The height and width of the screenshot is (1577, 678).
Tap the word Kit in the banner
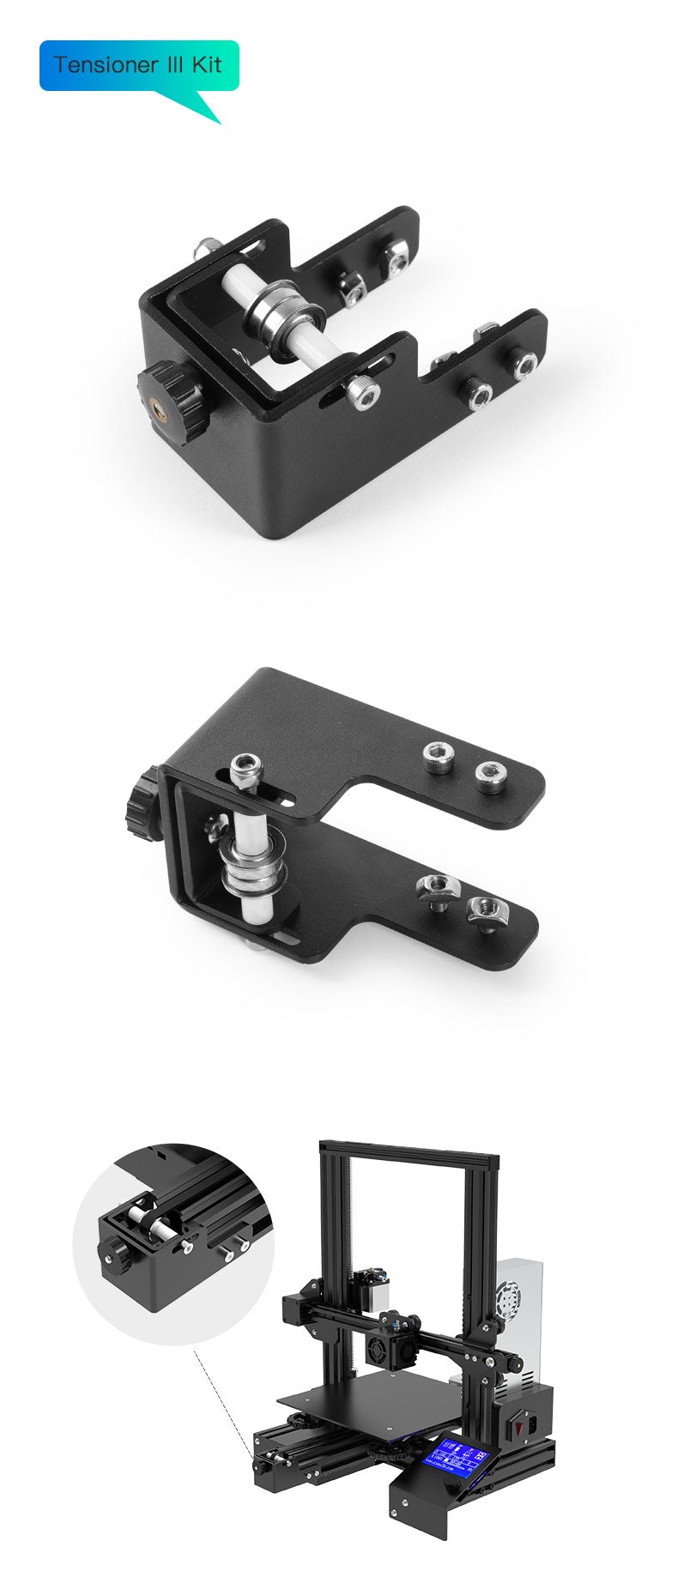tap(207, 65)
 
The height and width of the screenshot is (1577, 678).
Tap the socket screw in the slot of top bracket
tap(362, 393)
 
